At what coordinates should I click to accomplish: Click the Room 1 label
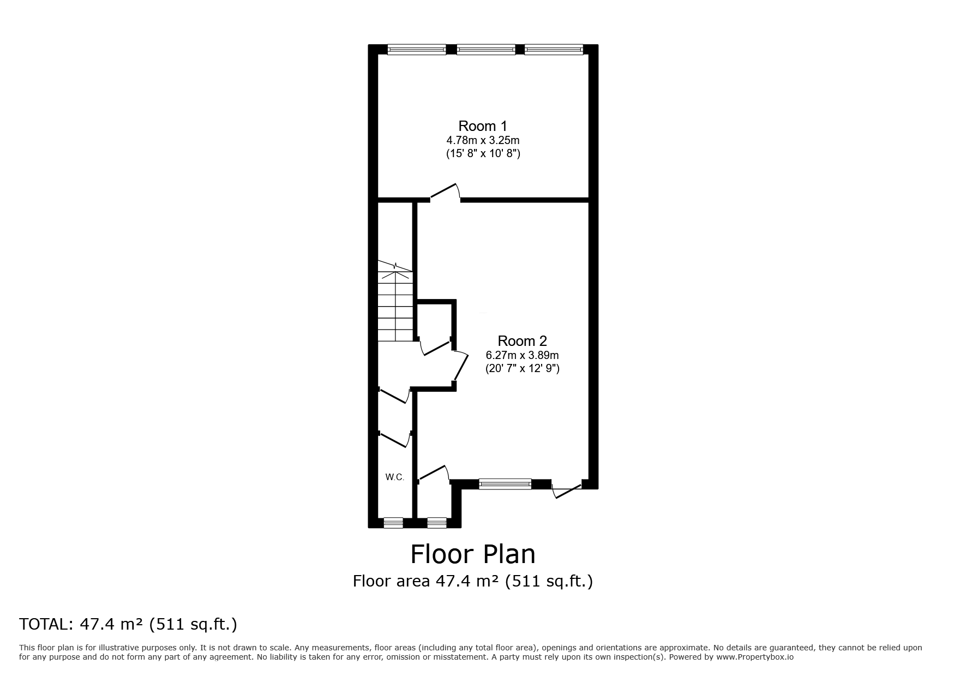pos(483,126)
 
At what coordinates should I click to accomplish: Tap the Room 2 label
pos(522,341)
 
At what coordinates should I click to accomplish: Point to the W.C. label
pos(395,477)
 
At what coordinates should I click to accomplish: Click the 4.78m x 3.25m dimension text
pos(483,141)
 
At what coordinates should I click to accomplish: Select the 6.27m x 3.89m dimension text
pos(522,355)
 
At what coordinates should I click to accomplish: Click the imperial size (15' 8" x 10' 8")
pos(483,154)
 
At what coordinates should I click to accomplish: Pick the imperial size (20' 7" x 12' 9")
pos(522,369)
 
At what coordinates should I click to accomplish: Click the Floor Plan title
pos(472,554)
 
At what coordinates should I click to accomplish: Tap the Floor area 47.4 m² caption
pos(472,581)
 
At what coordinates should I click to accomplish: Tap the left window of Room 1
pos(417,50)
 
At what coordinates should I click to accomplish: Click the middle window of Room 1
pos(485,50)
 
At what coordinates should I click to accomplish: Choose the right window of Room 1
pos(554,50)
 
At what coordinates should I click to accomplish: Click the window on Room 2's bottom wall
pos(505,484)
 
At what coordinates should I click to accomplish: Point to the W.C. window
pos(393,523)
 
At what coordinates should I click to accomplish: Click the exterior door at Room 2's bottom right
pos(567,489)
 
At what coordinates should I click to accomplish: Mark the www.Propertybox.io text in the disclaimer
pos(754,657)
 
